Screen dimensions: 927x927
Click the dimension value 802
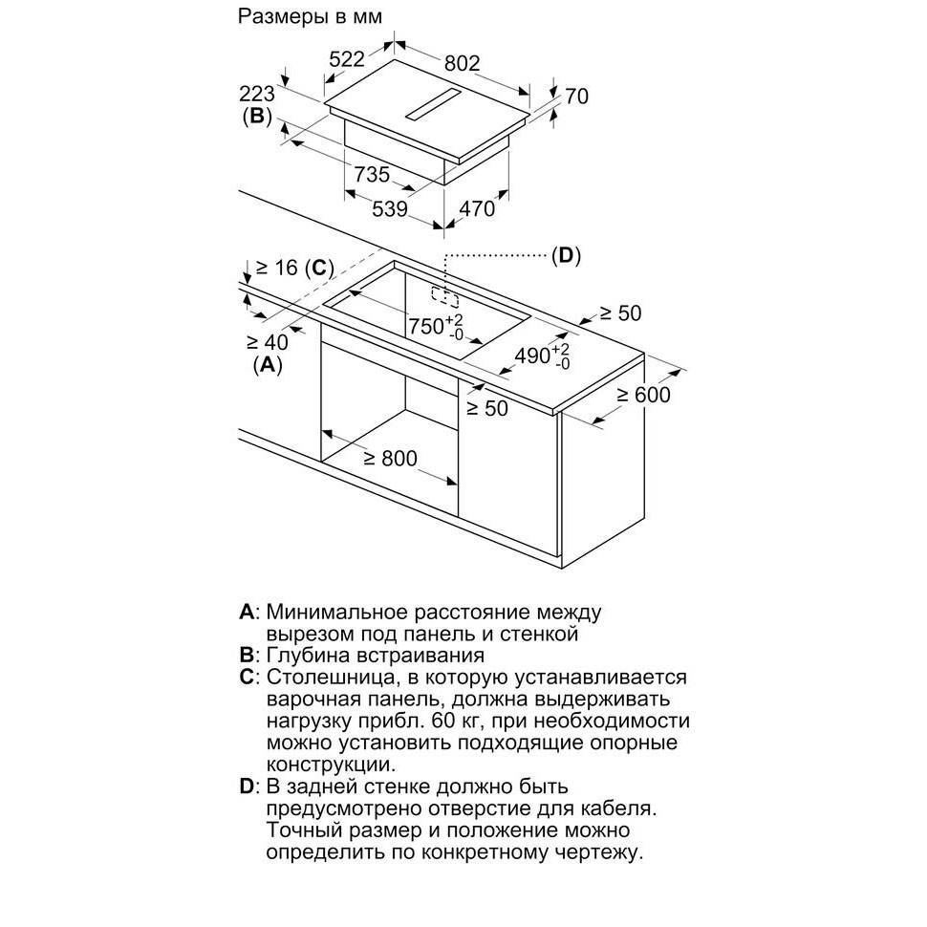tap(462, 63)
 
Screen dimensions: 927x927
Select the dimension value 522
tap(347, 59)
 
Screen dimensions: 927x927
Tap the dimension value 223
tap(256, 94)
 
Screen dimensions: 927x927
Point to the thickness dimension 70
tap(575, 96)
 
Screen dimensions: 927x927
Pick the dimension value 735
tap(372, 174)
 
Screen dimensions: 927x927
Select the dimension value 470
tap(477, 208)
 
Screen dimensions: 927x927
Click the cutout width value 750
tap(426, 325)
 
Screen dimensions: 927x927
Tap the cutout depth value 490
tap(532, 356)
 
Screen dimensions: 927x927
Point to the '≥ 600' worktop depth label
tap(642, 394)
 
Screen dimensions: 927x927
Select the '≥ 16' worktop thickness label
tap(283, 269)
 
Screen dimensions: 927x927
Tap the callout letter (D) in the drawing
tap(566, 255)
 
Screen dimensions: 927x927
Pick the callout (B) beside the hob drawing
tap(256, 118)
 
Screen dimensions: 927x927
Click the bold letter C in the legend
tap(247, 678)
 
